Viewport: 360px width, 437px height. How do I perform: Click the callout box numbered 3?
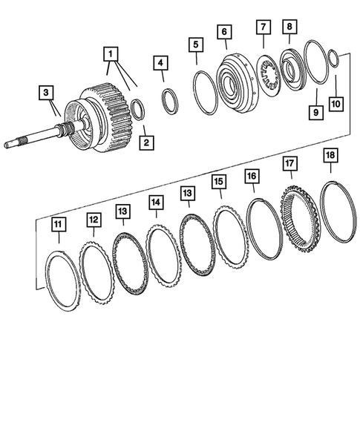46,93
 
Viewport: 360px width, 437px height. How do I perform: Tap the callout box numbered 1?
110,54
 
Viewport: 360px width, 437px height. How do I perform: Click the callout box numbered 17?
289,162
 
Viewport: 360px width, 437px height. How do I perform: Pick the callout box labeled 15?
218,182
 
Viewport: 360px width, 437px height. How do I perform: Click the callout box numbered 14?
155,201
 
